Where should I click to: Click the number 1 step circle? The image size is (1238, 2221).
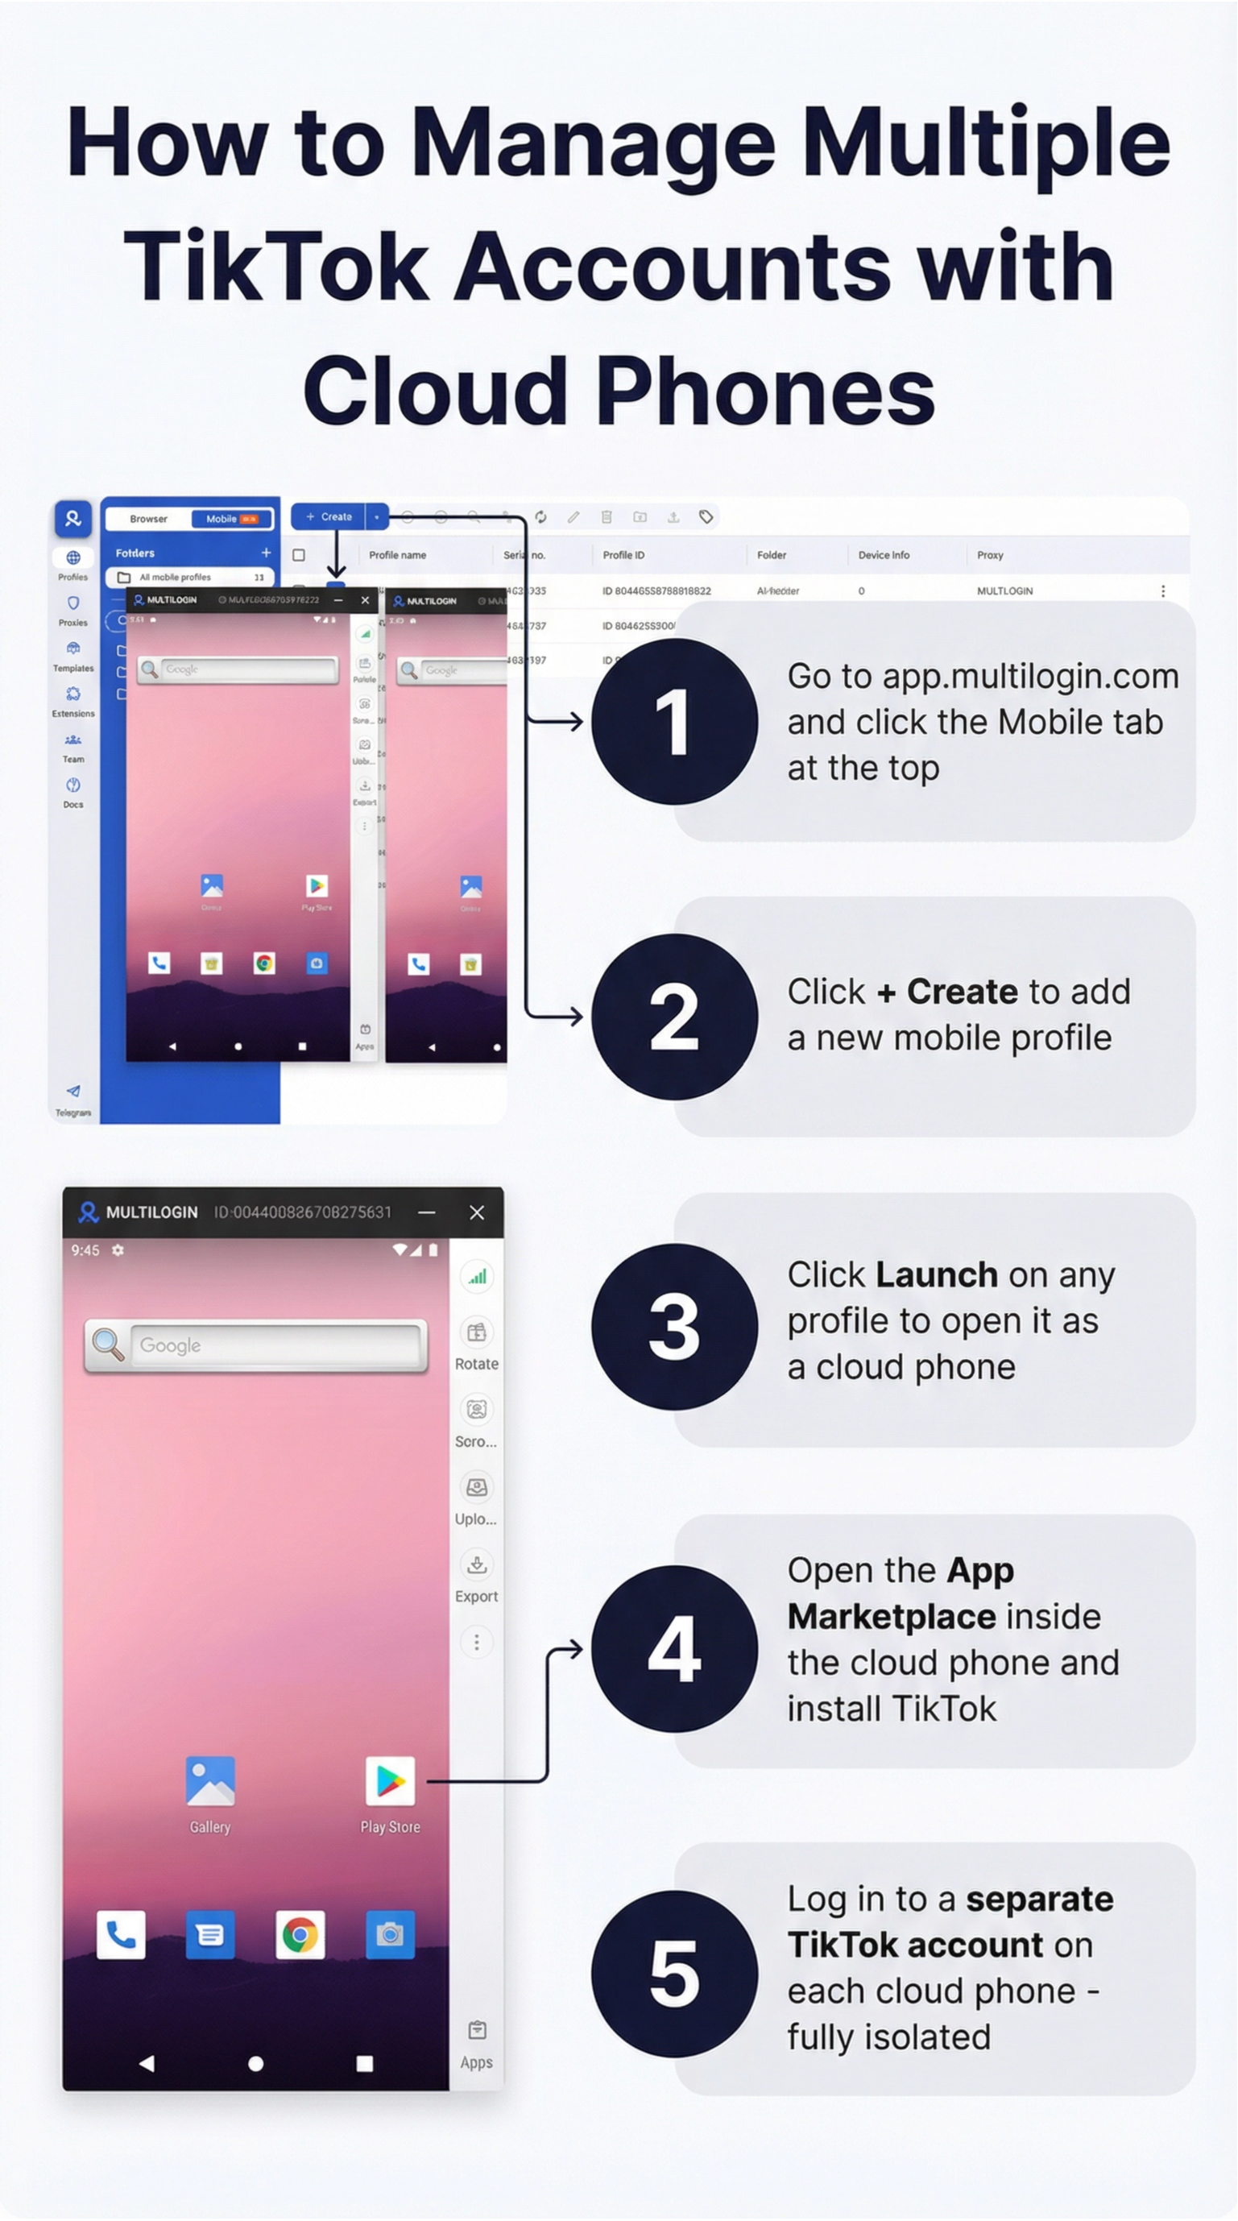pos(673,722)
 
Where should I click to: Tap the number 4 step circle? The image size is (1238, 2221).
pos(673,1648)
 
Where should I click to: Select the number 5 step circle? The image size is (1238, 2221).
pos(673,1974)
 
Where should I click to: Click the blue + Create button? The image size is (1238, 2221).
pos(329,516)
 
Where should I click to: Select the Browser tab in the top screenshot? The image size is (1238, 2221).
pos(148,519)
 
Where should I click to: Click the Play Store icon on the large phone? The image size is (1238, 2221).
pos(390,1780)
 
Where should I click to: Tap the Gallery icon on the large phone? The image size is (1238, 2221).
pos(209,1780)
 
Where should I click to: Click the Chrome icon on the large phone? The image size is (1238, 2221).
pos(299,1935)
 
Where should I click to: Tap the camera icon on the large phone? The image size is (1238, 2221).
pos(390,1935)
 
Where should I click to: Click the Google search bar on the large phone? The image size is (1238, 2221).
pos(274,1345)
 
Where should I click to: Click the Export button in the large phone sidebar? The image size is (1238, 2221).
pos(476,1574)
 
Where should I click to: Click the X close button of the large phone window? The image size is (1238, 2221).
pos(477,1212)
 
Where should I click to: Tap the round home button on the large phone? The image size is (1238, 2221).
pos(255,2063)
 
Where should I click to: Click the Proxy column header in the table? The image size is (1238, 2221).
pos(990,555)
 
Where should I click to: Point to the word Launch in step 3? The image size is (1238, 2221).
pos(936,1274)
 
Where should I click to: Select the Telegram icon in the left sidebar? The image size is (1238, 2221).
pos(73,1092)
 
